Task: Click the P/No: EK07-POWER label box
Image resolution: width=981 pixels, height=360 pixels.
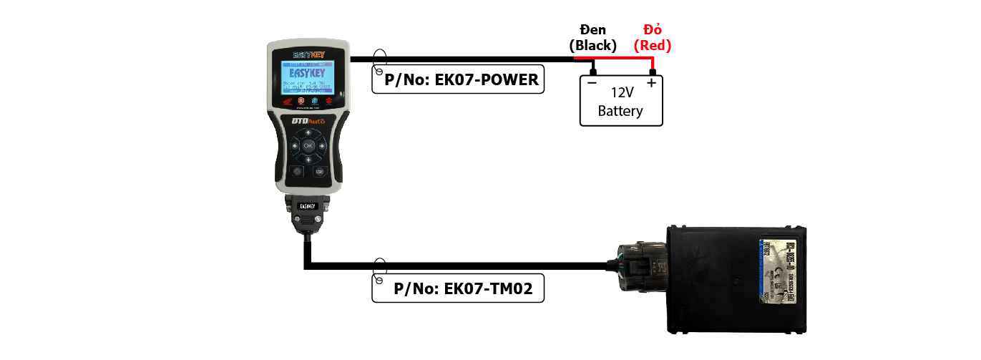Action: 458,79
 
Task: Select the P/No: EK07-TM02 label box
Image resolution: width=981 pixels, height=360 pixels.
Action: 458,289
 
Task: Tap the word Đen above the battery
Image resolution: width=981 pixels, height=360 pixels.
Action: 592,29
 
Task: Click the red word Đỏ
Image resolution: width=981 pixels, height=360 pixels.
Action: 652,29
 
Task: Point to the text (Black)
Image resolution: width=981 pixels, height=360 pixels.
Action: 592,45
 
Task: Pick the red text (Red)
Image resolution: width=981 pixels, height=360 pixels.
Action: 652,45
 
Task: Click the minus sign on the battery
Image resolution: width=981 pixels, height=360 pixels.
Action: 592,83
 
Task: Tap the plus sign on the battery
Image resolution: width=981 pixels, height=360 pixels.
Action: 651,83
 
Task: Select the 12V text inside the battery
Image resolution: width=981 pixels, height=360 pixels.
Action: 621,92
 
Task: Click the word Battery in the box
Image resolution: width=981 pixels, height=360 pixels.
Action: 620,111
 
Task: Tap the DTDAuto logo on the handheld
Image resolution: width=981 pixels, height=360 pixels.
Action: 308,121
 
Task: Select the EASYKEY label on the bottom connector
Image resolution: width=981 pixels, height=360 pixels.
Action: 308,206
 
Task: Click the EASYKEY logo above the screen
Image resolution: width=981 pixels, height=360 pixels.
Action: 308,54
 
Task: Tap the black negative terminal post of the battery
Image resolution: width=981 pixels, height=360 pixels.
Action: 593,71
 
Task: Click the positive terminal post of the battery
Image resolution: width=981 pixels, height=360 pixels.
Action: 652,71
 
